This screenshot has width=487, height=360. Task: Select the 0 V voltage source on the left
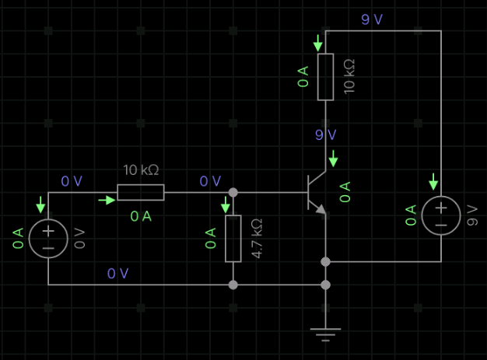coord(48,239)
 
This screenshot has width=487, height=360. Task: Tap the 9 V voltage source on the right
coord(440,215)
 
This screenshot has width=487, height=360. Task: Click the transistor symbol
coord(316,192)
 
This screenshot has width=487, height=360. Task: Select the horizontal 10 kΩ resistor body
coord(141,192)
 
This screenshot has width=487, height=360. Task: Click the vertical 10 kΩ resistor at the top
coord(325,77)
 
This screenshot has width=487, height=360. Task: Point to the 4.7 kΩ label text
coord(258,239)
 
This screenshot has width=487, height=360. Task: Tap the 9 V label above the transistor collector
coord(326,135)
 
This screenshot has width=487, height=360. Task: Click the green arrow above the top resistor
coord(317,43)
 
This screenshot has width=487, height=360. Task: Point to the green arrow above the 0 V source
coord(40,205)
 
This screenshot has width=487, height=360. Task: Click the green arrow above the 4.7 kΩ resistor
coord(226,205)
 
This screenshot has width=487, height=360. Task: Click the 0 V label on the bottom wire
coord(118,273)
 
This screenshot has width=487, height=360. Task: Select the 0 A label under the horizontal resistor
coord(141,216)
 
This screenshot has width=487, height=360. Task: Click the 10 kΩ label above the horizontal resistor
coord(142,170)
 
